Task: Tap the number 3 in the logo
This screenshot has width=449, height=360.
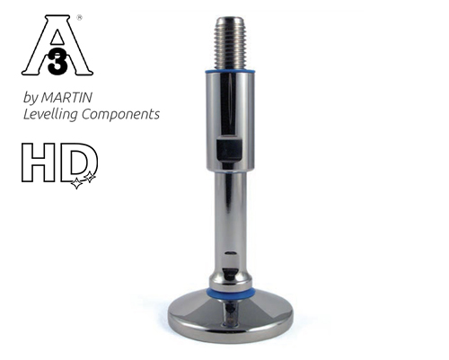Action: pos(57,58)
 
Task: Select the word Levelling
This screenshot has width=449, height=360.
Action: pos(53,114)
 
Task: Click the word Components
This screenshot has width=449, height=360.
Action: pos(119,114)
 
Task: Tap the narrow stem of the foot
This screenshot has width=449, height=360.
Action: pos(230,215)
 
